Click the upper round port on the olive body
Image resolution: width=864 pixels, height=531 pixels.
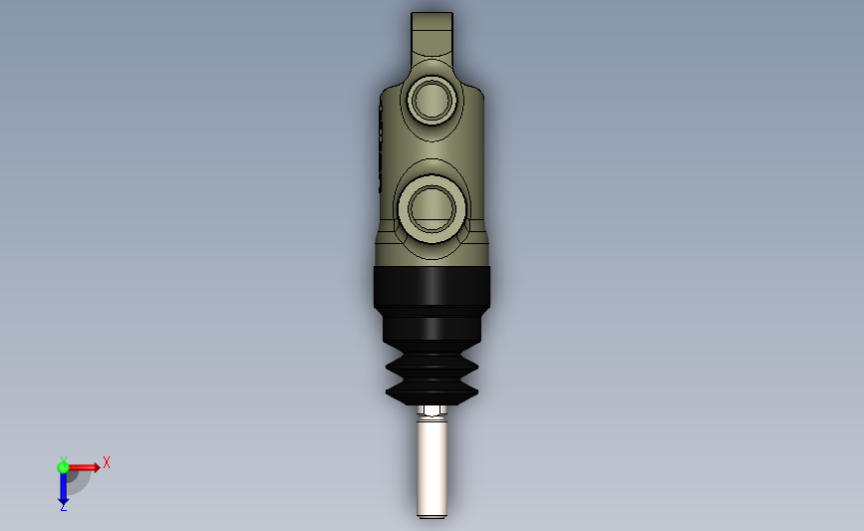(x=432, y=100)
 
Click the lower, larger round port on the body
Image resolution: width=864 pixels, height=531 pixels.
(x=432, y=209)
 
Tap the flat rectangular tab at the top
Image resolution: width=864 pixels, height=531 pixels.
(x=432, y=32)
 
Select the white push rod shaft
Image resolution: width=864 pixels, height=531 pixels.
(x=432, y=467)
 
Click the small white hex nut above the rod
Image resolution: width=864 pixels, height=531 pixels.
(x=432, y=410)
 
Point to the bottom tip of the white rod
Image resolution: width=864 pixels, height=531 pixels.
(x=432, y=517)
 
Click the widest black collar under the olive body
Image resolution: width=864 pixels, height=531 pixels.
(x=432, y=287)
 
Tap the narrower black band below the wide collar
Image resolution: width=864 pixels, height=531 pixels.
(x=432, y=329)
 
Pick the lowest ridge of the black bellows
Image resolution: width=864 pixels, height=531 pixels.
(x=432, y=394)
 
